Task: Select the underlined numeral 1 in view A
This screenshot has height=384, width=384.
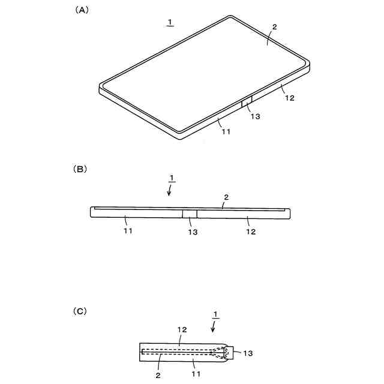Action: [x=170, y=22]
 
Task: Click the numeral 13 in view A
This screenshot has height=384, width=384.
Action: [x=255, y=116]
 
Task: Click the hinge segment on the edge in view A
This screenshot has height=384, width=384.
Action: [x=246, y=103]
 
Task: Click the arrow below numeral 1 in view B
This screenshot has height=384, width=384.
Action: [x=170, y=190]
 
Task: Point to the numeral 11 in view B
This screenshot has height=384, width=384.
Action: [x=128, y=231]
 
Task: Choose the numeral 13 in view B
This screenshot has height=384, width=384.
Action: [x=192, y=232]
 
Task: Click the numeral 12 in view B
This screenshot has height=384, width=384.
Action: [x=250, y=231]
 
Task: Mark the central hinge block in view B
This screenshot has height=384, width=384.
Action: [x=190, y=214]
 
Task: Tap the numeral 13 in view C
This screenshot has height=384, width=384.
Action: [x=248, y=353]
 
